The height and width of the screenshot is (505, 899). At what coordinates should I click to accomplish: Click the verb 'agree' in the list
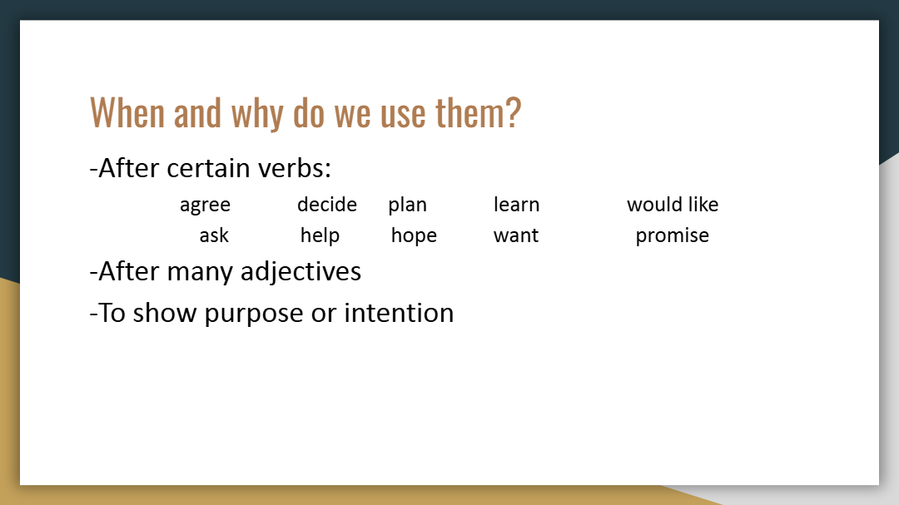(205, 205)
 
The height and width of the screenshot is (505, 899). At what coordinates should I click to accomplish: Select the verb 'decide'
(327, 204)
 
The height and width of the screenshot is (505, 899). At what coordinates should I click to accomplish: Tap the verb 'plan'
(407, 205)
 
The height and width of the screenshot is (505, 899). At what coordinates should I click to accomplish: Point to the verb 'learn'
(516, 204)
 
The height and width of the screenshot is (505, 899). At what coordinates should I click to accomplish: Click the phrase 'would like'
(673, 204)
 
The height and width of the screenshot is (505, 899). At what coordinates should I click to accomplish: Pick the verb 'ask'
(214, 235)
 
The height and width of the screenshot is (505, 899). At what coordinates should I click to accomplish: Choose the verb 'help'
(320, 235)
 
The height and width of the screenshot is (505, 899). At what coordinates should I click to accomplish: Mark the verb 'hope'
(414, 235)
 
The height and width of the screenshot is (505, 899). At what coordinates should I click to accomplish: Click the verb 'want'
(516, 235)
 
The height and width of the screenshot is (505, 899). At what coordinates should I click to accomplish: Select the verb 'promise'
(672, 235)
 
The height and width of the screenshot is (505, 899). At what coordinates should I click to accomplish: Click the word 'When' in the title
(127, 112)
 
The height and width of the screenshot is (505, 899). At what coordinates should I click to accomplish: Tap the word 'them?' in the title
(478, 112)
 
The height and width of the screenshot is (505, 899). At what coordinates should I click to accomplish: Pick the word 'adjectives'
(301, 272)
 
